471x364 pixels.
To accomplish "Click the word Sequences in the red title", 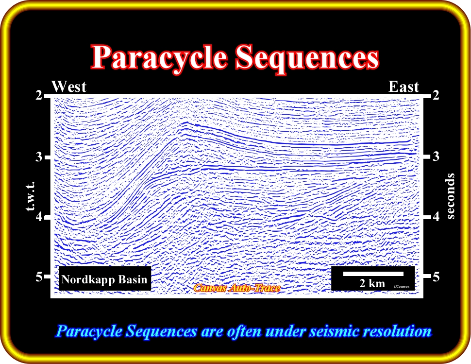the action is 307,58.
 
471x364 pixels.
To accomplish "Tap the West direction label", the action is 69,87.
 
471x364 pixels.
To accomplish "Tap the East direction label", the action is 404,87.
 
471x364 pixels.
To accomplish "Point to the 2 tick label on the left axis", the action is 39,95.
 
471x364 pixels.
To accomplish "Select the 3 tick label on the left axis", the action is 39,156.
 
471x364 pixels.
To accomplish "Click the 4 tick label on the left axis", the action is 39,216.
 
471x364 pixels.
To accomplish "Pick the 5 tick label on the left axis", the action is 39,277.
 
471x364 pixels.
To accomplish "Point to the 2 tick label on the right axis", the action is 436,95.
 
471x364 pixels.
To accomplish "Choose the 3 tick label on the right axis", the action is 436,156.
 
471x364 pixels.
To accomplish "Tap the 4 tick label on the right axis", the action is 436,216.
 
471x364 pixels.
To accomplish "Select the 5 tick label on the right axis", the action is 436,277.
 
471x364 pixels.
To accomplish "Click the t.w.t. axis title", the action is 31,196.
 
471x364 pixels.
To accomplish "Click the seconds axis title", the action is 451,196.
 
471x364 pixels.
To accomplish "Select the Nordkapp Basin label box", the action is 104,278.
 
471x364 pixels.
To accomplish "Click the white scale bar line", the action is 373,274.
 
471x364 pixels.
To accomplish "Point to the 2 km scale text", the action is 372,283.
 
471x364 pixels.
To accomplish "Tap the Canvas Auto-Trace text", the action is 237,288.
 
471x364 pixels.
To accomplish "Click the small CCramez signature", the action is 401,286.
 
